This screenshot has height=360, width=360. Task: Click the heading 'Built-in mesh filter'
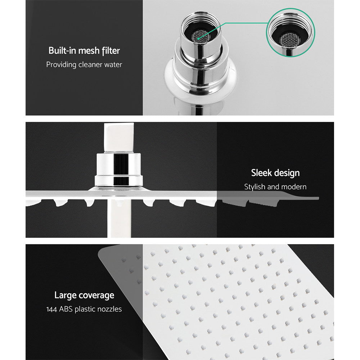(84, 50)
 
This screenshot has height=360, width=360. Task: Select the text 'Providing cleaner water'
(84, 65)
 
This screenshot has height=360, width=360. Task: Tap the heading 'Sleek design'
(275, 173)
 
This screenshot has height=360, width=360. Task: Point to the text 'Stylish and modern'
(275, 187)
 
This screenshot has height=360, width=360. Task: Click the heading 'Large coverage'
(84, 295)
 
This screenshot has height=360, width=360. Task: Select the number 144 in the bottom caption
(52, 309)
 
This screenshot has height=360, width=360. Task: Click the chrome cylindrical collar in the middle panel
(118, 164)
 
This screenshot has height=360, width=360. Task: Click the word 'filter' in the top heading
(110, 50)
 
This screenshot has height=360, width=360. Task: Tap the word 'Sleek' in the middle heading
(261, 173)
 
